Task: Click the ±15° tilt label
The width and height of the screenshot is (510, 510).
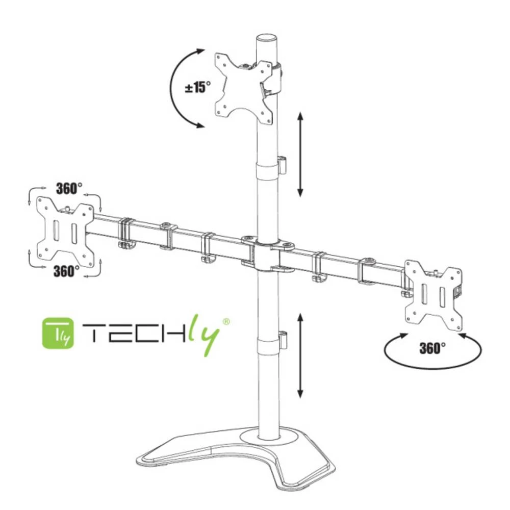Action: point(197,87)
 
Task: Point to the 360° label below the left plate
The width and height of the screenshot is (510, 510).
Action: point(66,271)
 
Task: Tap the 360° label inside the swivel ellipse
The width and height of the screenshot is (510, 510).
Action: point(432,348)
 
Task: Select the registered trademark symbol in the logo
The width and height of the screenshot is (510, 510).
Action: point(226,321)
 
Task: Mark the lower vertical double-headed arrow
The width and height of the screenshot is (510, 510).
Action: point(300,355)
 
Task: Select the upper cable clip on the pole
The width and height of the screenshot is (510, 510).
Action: point(283,164)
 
